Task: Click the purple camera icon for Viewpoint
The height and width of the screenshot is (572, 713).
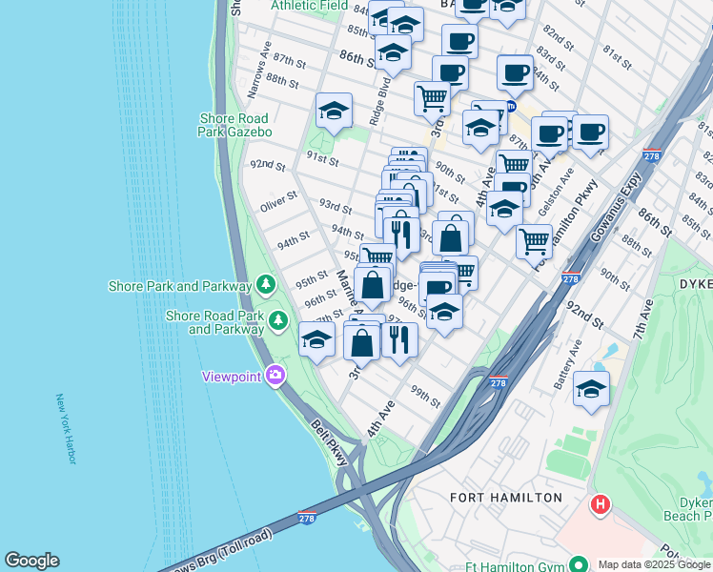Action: tap(275, 376)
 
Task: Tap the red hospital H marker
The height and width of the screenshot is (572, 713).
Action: tap(600, 503)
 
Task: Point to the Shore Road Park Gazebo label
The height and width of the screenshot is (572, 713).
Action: tap(235, 125)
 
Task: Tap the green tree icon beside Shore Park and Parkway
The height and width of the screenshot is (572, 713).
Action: tap(266, 284)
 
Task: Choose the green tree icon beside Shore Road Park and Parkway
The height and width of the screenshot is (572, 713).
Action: tap(278, 320)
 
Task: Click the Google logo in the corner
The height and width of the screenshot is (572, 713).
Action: tap(31, 561)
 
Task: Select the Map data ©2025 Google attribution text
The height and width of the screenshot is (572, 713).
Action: tap(654, 564)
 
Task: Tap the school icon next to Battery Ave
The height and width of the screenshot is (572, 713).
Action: tap(591, 388)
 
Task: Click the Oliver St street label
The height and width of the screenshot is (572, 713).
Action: tap(279, 205)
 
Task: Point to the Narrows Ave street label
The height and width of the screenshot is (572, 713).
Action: tap(259, 71)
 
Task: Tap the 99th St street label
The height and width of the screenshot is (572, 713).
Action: tap(425, 397)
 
